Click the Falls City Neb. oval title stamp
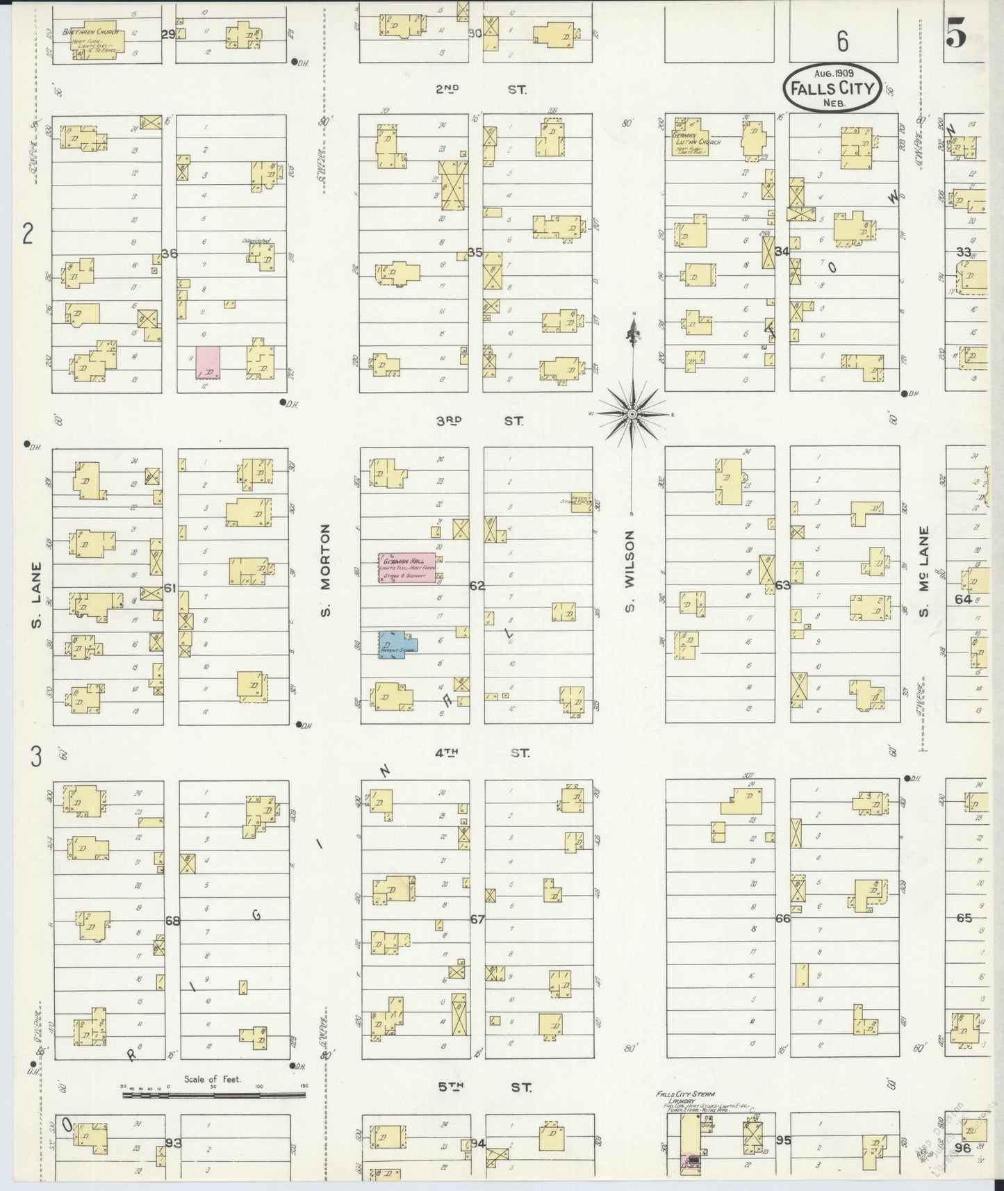[832, 88]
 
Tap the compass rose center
[632, 414]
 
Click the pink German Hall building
[407, 568]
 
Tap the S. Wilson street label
[629, 572]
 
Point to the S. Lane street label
[36, 594]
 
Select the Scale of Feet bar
[213, 1095]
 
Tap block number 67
[477, 919]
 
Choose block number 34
[782, 252]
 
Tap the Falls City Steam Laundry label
[685, 1096]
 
